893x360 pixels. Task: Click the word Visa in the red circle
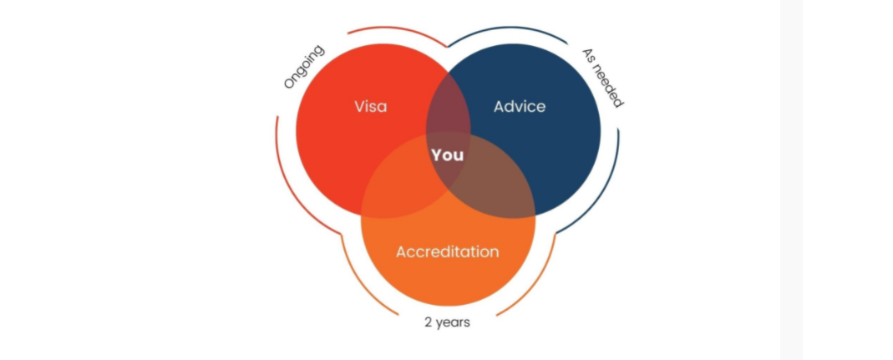click(x=370, y=107)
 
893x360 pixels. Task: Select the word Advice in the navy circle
click(x=520, y=107)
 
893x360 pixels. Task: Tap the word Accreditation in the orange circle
click(x=447, y=251)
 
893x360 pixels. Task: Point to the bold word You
click(x=447, y=155)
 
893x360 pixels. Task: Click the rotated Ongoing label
click(x=304, y=67)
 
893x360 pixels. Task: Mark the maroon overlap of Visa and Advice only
click(x=449, y=114)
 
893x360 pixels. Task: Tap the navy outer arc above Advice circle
click(x=507, y=30)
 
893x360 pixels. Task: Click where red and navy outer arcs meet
click(x=449, y=46)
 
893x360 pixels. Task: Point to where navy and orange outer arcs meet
click(x=556, y=234)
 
